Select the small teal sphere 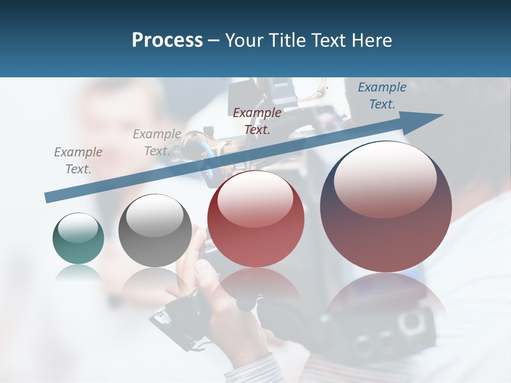[78, 238]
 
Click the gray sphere [155, 230]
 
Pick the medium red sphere [256, 219]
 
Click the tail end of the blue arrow [47, 198]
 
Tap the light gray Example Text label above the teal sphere [78, 161]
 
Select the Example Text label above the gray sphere [156, 143]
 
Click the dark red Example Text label [257, 121]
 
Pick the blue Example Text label [382, 96]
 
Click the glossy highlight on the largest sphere [385, 178]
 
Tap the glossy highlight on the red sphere [256, 198]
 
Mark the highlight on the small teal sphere [78, 228]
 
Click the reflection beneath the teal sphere [78, 274]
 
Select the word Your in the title [243, 40]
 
